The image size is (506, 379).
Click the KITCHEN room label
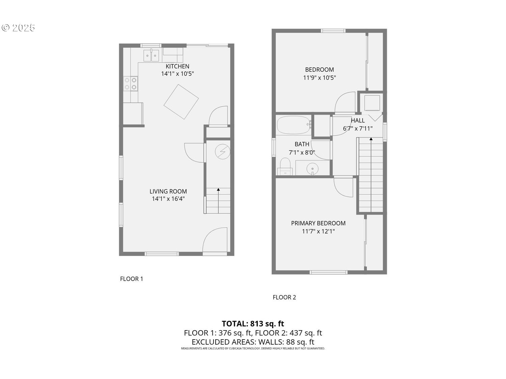coord(177,66)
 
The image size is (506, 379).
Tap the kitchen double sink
coord(151,56)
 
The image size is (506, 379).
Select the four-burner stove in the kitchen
coord(131,84)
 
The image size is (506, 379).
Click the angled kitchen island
coord(181,102)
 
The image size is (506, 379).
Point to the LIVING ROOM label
coord(168,191)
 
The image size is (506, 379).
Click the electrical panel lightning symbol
coord(222,152)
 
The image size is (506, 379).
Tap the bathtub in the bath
coord(294,125)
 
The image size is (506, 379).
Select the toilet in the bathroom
coord(285,166)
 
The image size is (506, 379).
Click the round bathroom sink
coord(312,169)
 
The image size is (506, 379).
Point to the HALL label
coord(358,120)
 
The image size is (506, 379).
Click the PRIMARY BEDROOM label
coord(318,223)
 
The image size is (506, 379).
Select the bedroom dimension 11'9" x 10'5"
coord(319,77)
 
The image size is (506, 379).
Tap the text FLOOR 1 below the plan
coord(132,279)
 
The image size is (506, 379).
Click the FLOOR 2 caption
coord(284,297)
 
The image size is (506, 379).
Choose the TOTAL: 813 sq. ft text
coord(253,323)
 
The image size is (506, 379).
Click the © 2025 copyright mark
coord(18,28)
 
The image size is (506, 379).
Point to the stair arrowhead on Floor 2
coord(371,139)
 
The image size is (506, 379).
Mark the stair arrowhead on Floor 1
coord(218,190)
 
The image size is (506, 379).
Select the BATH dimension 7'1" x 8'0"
coord(302,152)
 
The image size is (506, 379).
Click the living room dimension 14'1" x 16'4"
coord(168,198)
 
